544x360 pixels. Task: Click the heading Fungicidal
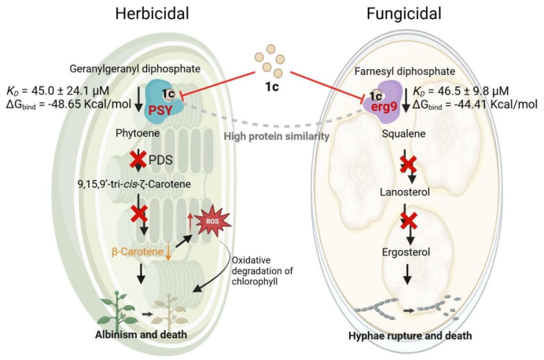pos(403,14)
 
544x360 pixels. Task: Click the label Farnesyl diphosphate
pos(411,71)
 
